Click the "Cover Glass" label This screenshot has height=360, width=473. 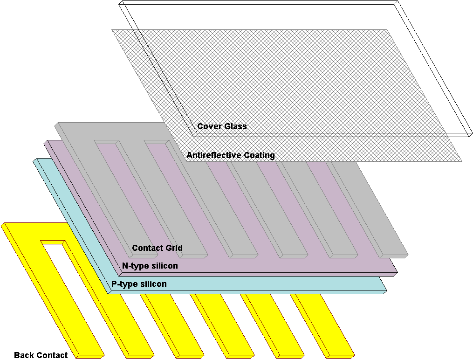[x=222, y=126]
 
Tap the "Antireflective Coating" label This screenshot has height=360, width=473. [x=230, y=155]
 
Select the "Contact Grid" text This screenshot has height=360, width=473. [x=157, y=248]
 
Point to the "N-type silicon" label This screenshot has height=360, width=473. [x=150, y=266]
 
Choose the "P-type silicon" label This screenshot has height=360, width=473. [x=139, y=284]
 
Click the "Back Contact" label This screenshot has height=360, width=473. [x=41, y=355]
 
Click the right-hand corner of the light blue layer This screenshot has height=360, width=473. [x=386, y=291]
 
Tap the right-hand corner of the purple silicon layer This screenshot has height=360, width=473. [x=397, y=272]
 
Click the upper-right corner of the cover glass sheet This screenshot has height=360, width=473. [x=397, y=2]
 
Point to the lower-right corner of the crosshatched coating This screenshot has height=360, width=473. [x=461, y=161]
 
